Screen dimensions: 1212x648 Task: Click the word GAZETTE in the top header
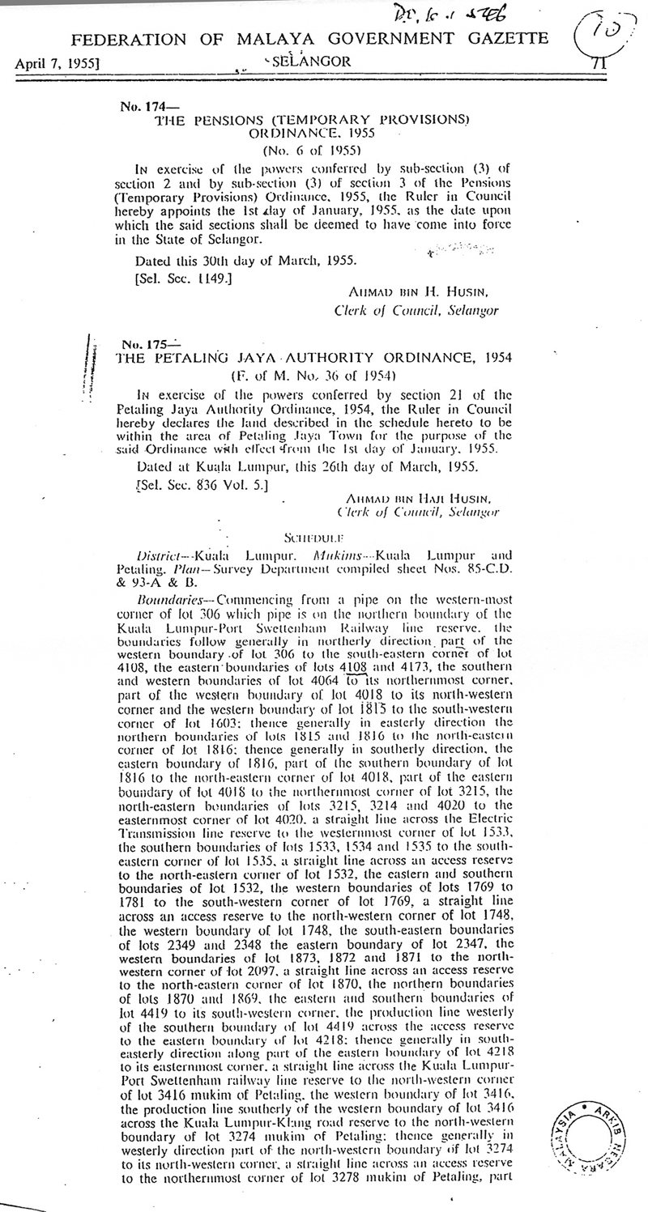(496, 39)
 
